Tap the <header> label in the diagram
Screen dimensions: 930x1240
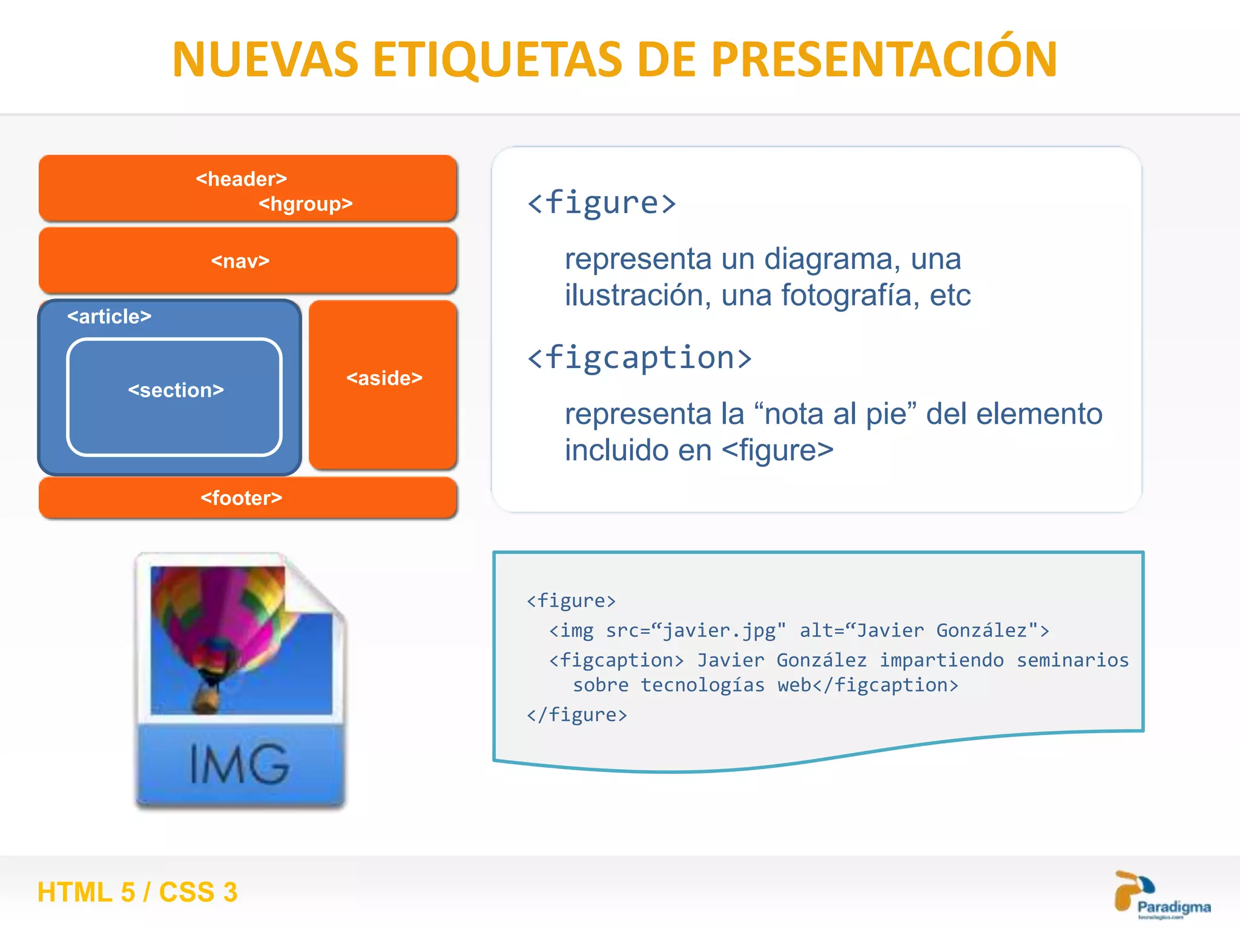click(241, 179)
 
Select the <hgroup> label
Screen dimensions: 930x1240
click(305, 204)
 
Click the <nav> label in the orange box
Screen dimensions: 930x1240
click(240, 261)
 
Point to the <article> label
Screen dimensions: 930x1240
click(109, 316)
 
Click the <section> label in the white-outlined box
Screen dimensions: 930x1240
click(176, 390)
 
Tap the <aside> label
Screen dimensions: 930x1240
click(384, 378)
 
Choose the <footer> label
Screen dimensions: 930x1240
click(241, 498)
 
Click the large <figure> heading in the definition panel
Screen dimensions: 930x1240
click(601, 202)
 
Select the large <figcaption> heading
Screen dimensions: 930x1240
click(639, 357)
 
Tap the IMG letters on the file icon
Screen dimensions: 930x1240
click(239, 764)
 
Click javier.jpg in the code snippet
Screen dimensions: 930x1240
click(719, 631)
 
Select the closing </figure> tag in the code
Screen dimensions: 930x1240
click(576, 715)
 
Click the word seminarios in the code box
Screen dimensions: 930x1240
click(1072, 660)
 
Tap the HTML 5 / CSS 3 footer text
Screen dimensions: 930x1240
click(137, 892)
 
